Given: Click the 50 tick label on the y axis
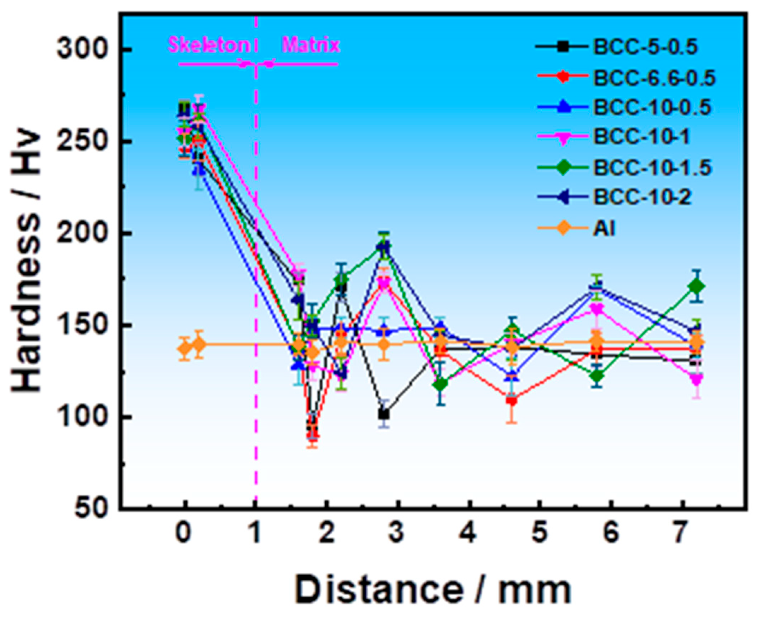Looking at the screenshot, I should tap(91, 508).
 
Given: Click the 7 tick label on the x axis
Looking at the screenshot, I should tap(682, 533).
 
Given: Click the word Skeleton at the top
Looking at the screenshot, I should tap(209, 45).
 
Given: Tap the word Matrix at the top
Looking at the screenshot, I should tap(311, 45).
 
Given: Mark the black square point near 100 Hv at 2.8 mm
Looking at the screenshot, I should tap(384, 415).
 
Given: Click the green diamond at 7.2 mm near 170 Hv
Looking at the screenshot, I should tap(696, 286).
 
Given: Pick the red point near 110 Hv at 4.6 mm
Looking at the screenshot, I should tap(512, 400).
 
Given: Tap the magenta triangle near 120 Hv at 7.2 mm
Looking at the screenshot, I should tap(696, 379).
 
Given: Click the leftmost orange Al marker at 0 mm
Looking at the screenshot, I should tap(185, 348).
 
